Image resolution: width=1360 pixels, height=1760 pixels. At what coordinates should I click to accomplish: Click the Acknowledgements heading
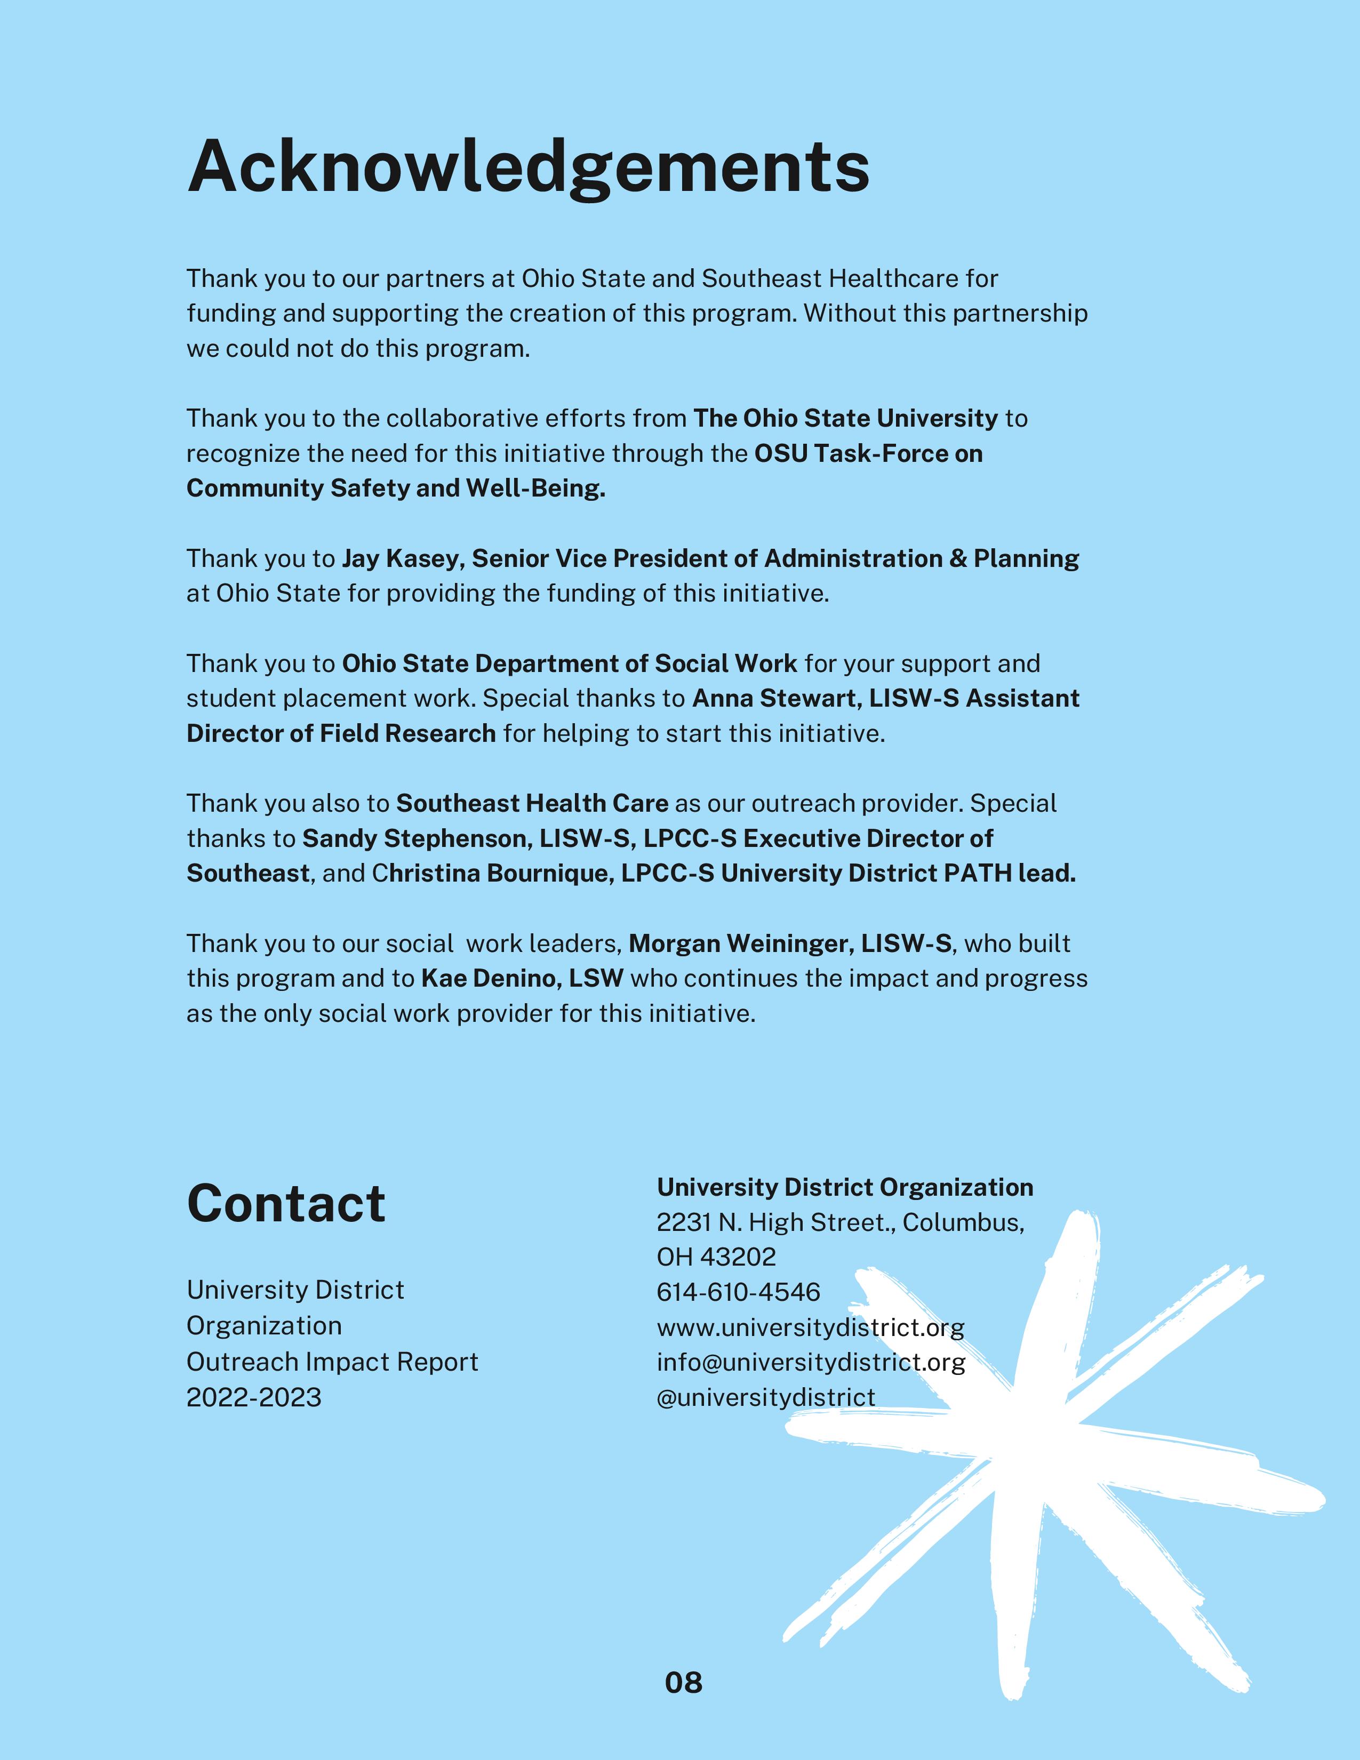coord(529,167)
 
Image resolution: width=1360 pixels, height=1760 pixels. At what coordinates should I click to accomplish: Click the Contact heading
coord(286,1204)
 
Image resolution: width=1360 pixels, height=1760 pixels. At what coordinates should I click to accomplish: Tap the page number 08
coord(683,1683)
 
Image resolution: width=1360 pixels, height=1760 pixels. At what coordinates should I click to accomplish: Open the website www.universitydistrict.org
coord(810,1327)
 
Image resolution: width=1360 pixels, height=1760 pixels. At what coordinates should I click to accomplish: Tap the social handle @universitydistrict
coord(765,1397)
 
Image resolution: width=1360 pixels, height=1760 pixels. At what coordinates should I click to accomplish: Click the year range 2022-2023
coord(254,1397)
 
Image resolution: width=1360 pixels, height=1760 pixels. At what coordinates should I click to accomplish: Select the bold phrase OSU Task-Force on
coord(868,454)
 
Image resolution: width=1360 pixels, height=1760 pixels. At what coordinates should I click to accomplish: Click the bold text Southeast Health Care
coord(532,803)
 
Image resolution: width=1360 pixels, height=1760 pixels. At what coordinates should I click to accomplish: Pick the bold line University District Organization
coord(844,1188)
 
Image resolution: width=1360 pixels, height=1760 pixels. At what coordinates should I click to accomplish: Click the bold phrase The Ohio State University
coord(845,418)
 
